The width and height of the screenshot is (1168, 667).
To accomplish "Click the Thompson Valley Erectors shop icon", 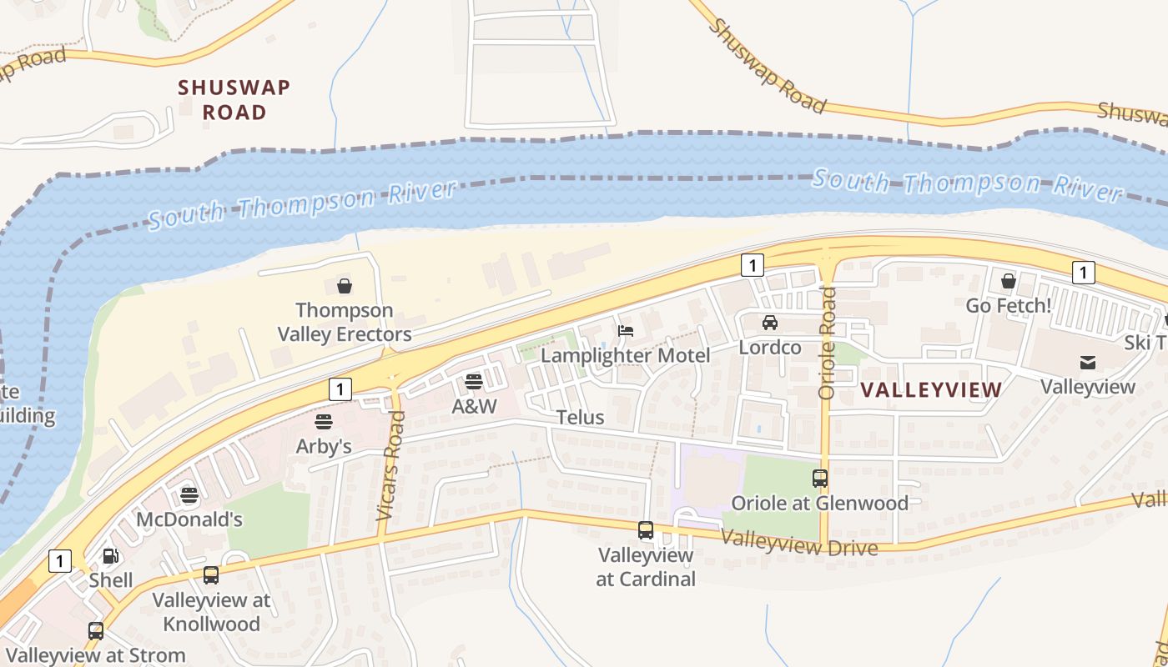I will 345,287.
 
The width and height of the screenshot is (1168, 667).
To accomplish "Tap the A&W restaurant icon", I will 474,382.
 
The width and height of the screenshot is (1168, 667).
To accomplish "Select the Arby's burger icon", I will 324,422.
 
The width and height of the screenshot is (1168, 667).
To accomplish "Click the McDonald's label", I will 189,519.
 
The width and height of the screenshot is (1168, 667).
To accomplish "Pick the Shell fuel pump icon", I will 110,556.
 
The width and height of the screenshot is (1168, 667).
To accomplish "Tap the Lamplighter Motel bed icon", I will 626,331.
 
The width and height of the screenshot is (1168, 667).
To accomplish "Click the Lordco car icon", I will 769,323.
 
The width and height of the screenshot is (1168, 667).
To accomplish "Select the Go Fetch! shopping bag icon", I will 1008,281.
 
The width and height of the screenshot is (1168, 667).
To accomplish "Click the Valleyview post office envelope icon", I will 1088,362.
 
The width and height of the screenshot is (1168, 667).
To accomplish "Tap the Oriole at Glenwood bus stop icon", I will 820,479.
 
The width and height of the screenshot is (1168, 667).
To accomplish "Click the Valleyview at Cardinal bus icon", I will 646,530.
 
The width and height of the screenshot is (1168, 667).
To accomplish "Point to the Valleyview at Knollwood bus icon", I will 211,575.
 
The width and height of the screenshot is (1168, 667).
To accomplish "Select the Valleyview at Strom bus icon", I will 96,631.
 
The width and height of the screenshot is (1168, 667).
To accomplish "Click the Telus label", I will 580,417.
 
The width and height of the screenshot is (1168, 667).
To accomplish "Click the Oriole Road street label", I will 827,343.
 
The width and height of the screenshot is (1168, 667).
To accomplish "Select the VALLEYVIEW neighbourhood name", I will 930,389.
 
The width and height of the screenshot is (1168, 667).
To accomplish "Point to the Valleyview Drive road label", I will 798,543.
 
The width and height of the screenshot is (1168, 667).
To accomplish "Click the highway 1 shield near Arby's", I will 340,389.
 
